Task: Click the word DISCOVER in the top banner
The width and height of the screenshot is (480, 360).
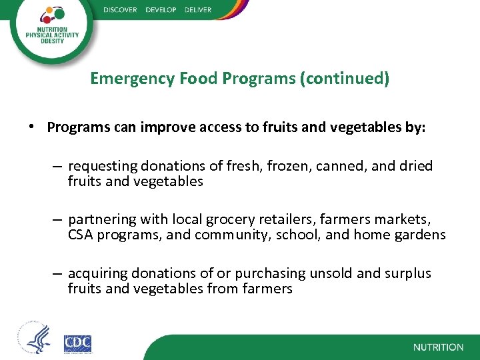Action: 121,9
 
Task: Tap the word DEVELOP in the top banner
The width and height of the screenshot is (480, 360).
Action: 161,9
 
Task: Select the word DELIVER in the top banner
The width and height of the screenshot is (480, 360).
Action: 197,9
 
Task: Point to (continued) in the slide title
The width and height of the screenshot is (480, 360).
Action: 345,79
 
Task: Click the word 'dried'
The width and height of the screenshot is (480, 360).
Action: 416,165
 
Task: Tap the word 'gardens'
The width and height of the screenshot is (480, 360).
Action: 421,235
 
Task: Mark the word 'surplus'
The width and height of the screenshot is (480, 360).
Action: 409,273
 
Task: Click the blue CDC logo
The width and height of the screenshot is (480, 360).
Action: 77,343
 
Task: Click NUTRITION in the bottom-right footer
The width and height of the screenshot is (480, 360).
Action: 438,347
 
